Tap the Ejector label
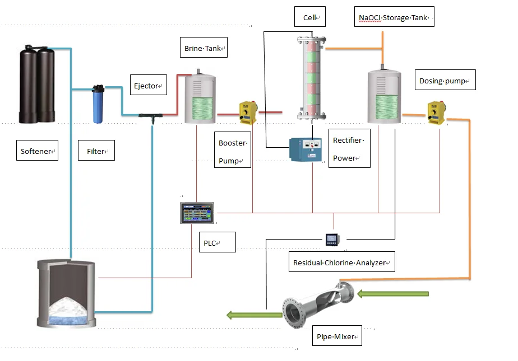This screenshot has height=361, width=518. point(148,86)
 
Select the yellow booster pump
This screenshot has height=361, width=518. point(248,112)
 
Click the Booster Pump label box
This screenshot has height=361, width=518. point(233,152)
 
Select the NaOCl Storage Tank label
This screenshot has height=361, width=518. point(395,18)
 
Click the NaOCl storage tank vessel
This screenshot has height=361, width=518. point(384,97)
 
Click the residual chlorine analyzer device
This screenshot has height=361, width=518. point(332,240)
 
